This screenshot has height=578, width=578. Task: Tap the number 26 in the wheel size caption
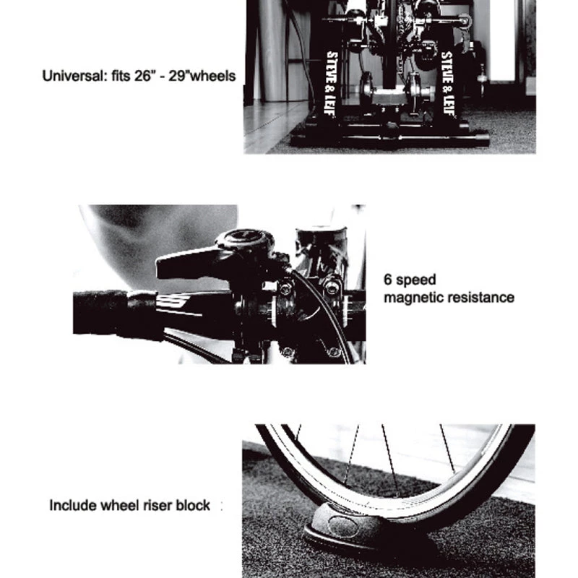tap(143, 76)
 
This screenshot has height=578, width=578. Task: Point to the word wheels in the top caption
tap(213, 76)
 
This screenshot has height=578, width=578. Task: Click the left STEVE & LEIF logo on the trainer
tap(332, 84)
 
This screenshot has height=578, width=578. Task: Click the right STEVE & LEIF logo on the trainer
tap(447, 84)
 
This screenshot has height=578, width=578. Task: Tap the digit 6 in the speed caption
tap(388, 280)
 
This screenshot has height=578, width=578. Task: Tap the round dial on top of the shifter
tap(245, 241)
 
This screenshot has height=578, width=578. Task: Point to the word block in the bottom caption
tap(193, 505)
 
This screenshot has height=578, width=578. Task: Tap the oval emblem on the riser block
tap(342, 527)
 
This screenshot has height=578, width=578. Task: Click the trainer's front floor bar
tap(390, 140)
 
